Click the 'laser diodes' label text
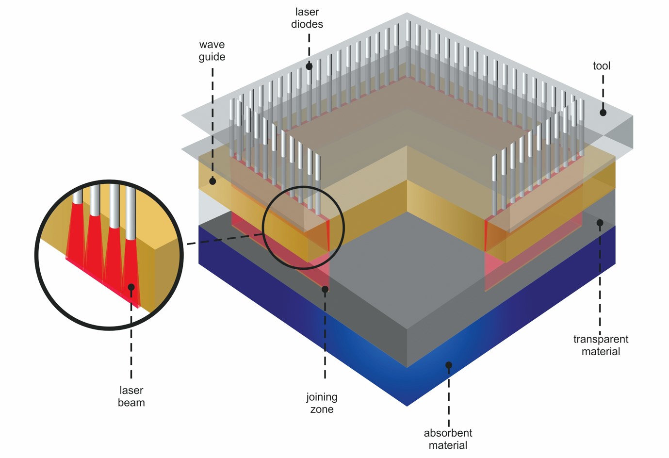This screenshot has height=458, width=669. coord(307,18)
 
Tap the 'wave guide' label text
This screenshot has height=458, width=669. coord(212,50)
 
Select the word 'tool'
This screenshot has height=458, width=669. coord(602,65)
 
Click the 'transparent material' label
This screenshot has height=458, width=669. coord(601,345)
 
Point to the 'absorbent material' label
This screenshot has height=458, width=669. coord(448,439)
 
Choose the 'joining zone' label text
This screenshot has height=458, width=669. coord(322,403)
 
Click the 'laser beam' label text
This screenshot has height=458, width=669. coord(131,396)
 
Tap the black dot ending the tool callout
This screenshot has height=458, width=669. coord(603,113)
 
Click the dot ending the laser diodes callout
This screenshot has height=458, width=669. coord(309,66)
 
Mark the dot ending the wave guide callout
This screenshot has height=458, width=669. coord(212,181)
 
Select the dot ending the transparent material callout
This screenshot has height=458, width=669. coord(600,223)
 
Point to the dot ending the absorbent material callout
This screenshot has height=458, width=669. coord(449,365)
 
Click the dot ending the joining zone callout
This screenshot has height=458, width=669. coord(325,289)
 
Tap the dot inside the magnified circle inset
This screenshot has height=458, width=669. coord(131,287)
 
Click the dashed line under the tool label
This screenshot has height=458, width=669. coord(603,90)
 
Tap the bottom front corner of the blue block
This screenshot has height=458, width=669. coord(407,405)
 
